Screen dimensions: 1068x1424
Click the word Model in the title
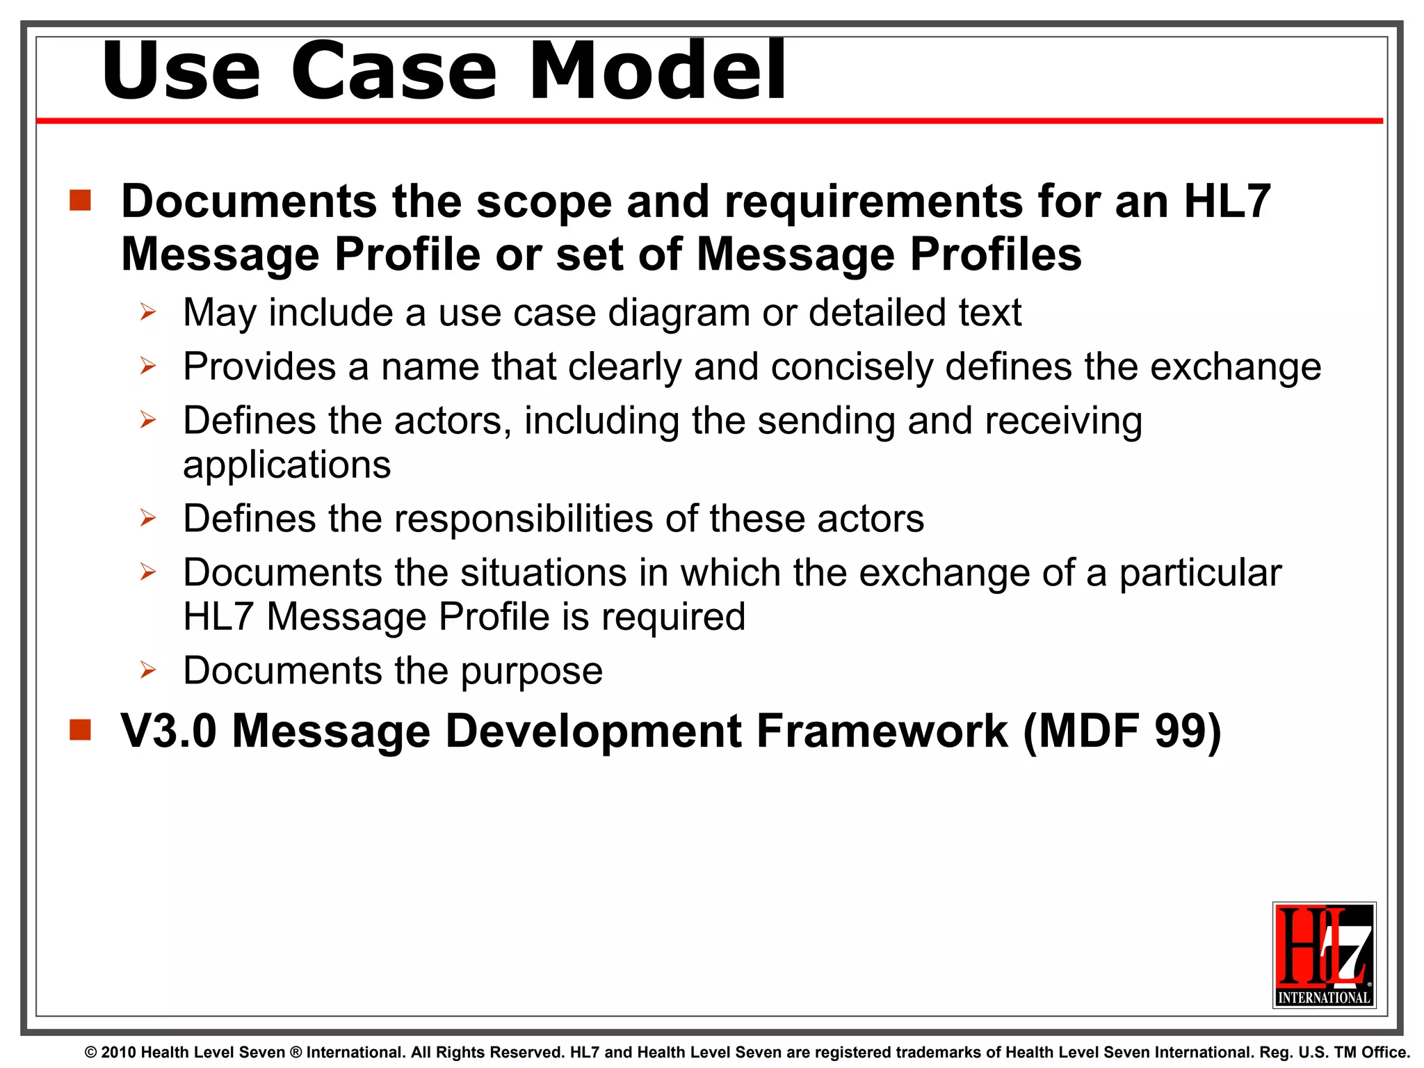658,71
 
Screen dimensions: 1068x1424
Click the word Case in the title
394,71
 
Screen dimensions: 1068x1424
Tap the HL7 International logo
1324,955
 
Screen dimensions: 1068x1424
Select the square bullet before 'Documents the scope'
81,200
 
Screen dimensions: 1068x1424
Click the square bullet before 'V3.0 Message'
81,730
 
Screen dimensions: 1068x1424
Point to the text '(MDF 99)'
1122,732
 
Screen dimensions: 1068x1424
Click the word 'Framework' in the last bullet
882,732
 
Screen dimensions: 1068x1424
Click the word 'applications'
286,465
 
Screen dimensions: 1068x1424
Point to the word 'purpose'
531,672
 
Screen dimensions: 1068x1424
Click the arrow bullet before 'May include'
147,312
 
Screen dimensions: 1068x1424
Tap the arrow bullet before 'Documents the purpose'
147,670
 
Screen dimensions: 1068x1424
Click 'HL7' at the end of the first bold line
1227,202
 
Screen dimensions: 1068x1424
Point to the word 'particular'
1200,574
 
